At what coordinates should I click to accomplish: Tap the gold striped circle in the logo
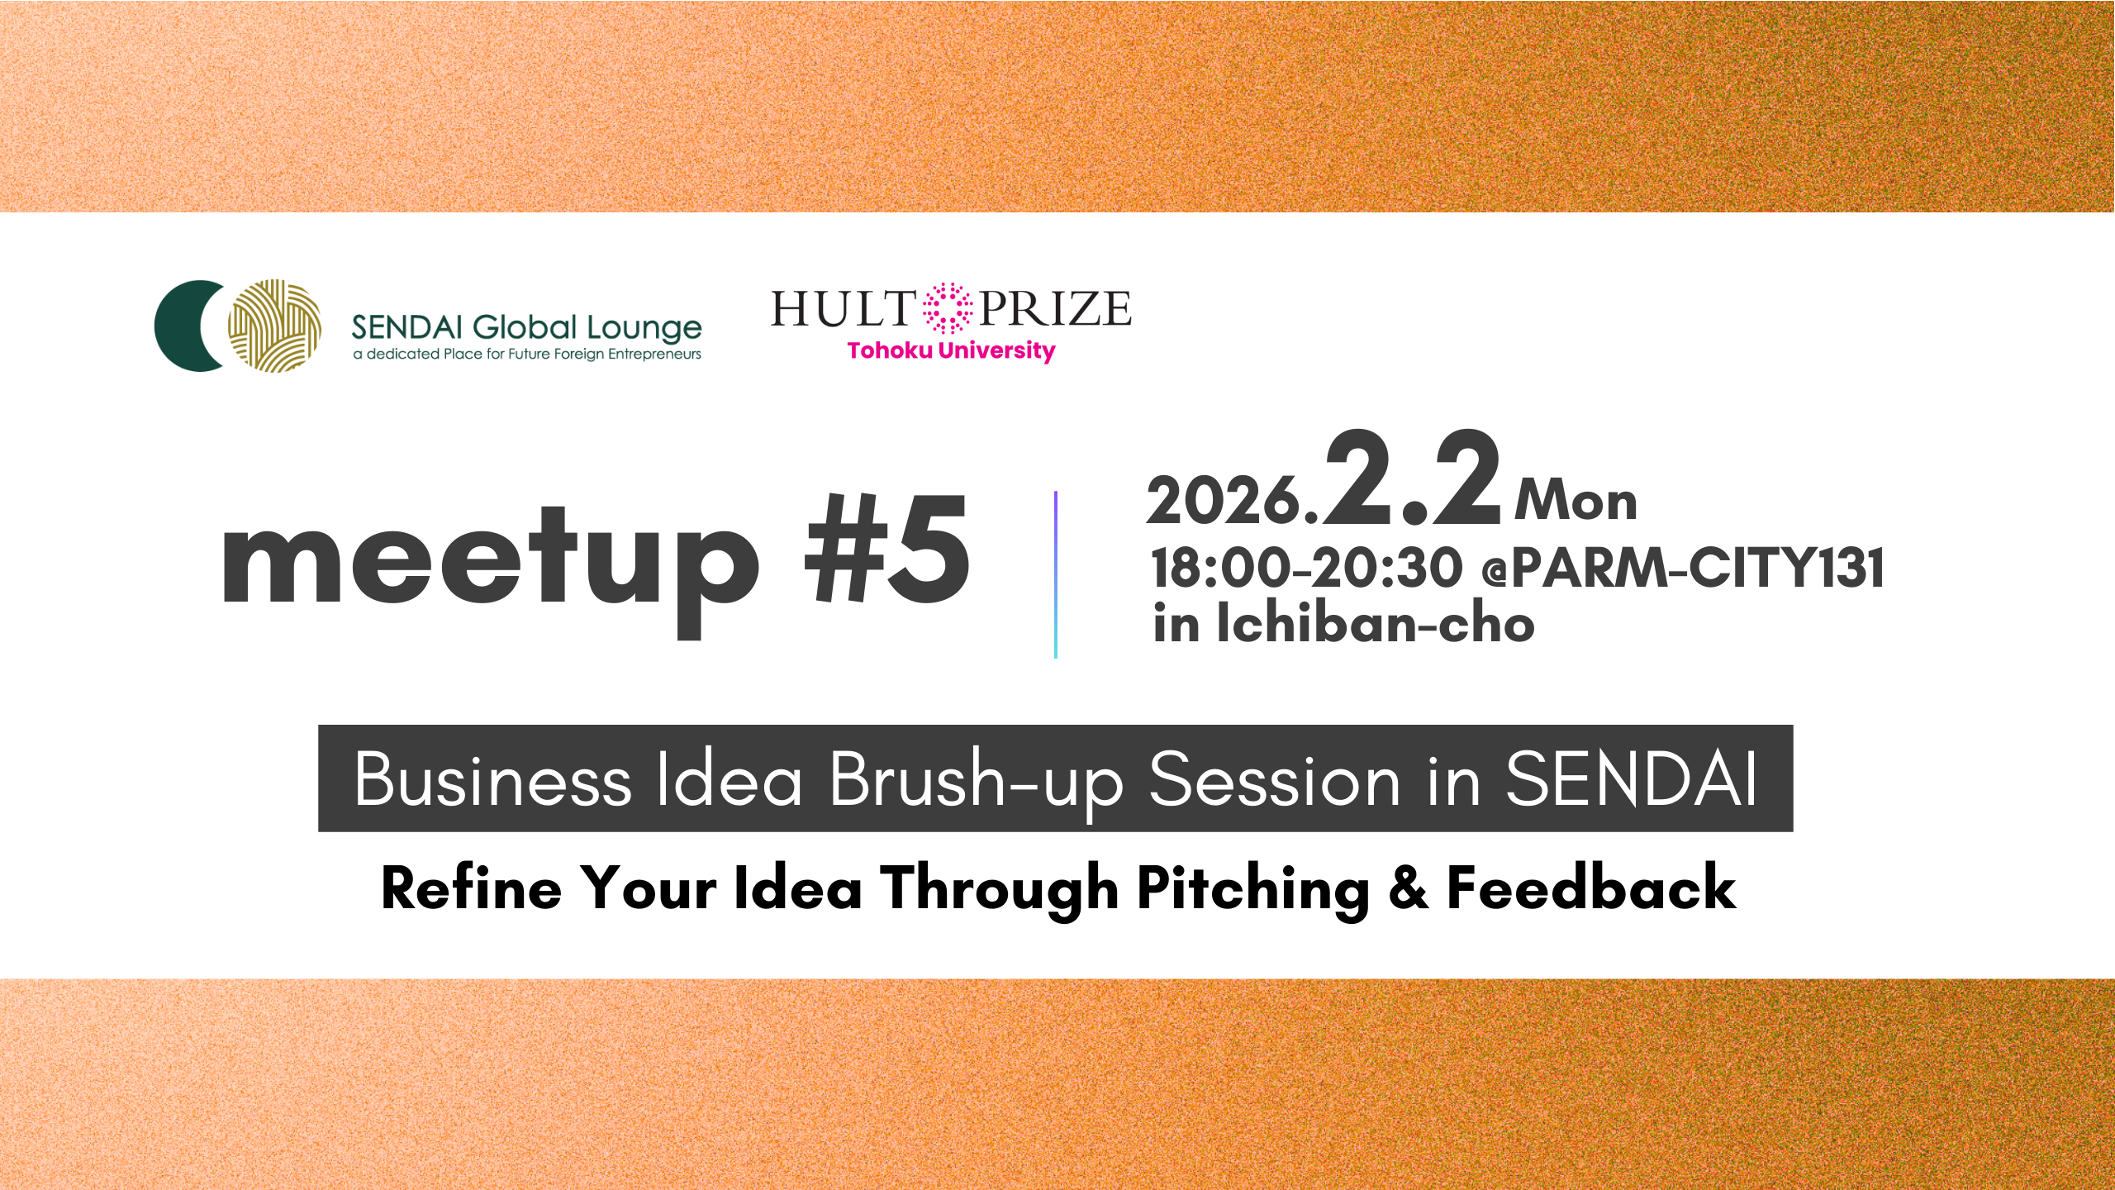pos(275,326)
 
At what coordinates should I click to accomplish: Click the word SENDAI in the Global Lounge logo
pos(406,328)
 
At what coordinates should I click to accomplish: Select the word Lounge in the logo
pos(644,330)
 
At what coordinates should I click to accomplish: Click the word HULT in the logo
pos(844,309)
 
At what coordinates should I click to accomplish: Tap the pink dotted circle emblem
pos(948,308)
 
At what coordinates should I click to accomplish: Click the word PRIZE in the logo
pos(1055,309)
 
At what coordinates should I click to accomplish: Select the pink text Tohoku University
pos(951,351)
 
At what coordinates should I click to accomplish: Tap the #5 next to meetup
pos(887,549)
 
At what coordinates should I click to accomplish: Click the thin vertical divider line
pos(1056,574)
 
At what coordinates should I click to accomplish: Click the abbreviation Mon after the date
pos(1576,501)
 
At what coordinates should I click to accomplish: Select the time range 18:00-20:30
pos(1307,569)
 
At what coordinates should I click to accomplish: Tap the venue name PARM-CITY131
pos(1698,569)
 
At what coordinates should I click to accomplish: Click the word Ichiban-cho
pos(1376,622)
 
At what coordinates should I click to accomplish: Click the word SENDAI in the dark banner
pos(1631,779)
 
